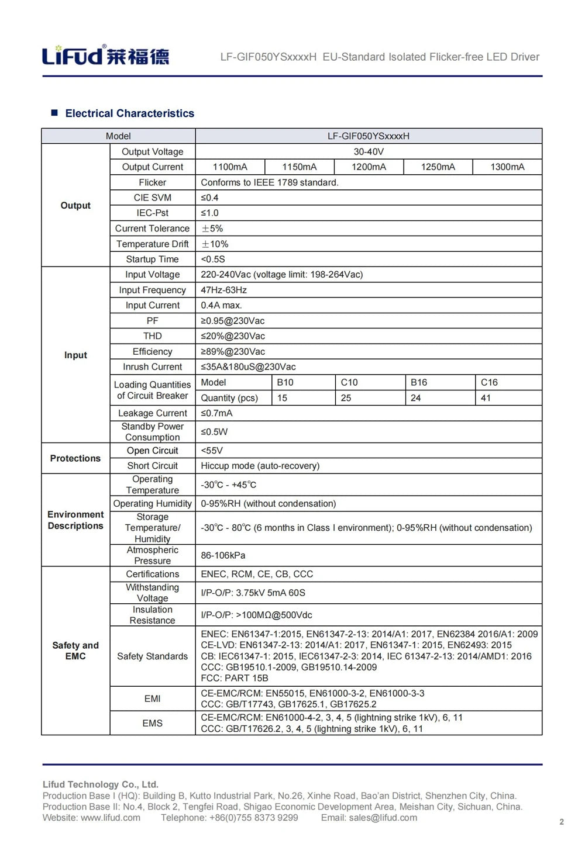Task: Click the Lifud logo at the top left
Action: pos(105,56)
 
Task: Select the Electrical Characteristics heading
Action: pos(129,113)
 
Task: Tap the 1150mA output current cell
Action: pos(299,167)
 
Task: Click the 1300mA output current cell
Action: pos(507,167)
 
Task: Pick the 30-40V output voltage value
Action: pos(369,152)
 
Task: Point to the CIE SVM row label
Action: pos(152,198)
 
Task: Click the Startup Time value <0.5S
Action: pos(213,259)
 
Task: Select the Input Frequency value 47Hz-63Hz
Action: pos(224,290)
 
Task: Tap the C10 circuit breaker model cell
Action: pos(349,382)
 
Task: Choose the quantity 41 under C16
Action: pos(486,398)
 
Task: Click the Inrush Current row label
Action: pos(152,367)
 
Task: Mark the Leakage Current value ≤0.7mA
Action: pos(216,413)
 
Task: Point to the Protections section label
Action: pos(75,458)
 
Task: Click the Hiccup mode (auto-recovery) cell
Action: pos(260,466)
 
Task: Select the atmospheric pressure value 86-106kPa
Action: pos(223,555)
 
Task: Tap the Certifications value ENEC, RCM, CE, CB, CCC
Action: pos(257,574)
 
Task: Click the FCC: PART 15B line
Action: pos(235,678)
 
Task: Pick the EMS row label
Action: pos(152,724)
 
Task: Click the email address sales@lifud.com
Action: pos(383,818)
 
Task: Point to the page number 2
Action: pos(562,822)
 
